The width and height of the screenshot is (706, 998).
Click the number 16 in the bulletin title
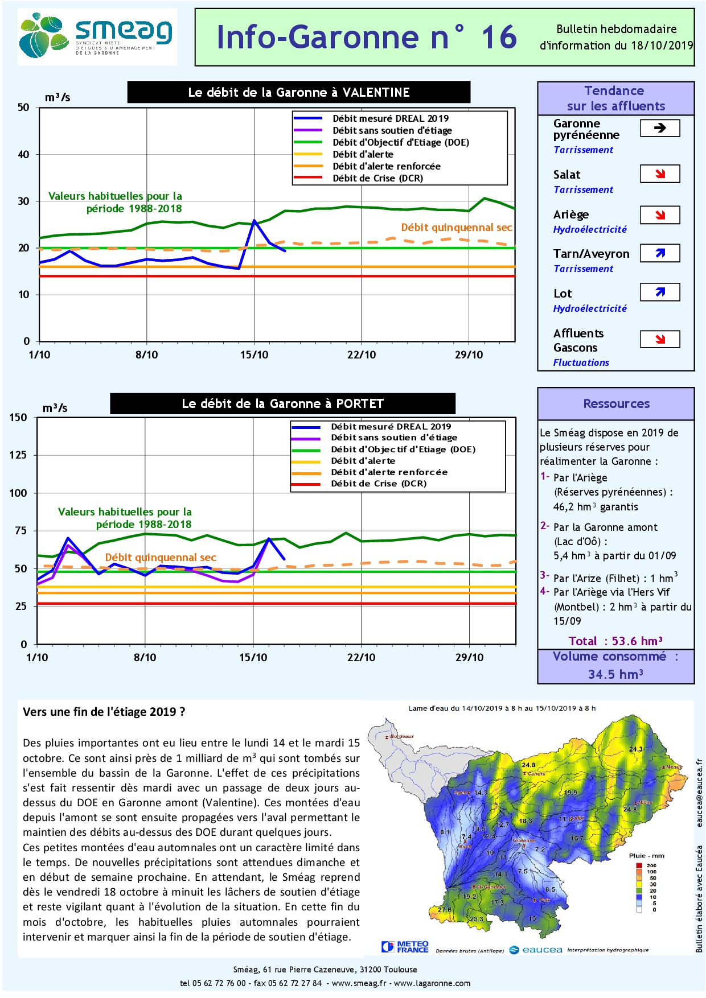click(499, 38)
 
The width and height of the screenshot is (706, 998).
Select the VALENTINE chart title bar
click(299, 92)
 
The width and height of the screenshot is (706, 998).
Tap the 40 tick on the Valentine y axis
click(23, 154)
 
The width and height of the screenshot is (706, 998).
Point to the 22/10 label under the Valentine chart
click(362, 355)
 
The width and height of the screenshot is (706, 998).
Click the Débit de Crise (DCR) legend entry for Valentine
click(377, 178)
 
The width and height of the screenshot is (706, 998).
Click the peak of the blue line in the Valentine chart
click(254, 220)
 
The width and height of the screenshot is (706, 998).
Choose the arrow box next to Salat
click(660, 174)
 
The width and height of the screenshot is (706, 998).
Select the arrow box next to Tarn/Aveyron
click(660, 253)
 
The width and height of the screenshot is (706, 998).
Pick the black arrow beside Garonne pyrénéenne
click(660, 128)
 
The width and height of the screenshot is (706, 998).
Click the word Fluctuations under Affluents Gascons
click(581, 362)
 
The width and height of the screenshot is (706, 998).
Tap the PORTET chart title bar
click(282, 404)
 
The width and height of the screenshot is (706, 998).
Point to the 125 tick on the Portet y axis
click(18, 455)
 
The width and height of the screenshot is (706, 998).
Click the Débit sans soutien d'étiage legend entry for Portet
click(394, 438)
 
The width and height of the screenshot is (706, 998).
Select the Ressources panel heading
click(616, 404)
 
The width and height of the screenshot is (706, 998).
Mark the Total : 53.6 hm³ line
click(615, 641)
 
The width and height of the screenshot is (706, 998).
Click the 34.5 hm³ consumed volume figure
click(615, 674)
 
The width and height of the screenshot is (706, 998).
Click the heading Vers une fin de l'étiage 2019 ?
click(104, 712)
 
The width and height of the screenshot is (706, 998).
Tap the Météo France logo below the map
click(405, 947)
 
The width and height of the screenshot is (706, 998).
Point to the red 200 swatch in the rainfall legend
click(639, 865)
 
